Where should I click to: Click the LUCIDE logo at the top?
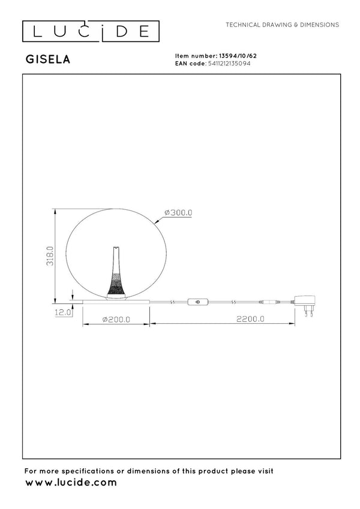[91, 31]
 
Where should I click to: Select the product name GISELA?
[48, 59]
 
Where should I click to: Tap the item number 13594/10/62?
[238, 56]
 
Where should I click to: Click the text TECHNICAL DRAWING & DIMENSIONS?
[283, 25]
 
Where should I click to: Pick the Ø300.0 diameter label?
[178, 213]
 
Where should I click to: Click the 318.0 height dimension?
[50, 256]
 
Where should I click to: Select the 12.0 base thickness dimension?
[63, 312]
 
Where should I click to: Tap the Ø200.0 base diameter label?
[116, 320]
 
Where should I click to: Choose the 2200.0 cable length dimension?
[250, 319]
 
